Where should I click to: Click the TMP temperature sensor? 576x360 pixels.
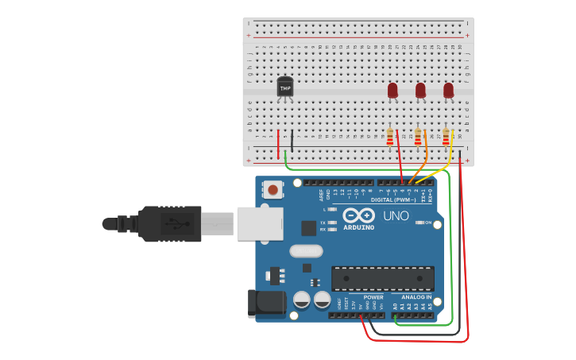284,87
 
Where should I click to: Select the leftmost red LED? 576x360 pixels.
392,91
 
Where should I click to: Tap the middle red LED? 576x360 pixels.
420,91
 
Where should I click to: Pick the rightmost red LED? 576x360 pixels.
448,91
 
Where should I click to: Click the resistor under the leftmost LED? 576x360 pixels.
390,137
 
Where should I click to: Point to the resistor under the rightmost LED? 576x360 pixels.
446,137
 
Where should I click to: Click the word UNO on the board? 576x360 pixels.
396,216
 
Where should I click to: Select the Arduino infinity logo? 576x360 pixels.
358,215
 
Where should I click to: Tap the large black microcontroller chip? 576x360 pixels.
383,279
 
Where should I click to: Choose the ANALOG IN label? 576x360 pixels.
416,297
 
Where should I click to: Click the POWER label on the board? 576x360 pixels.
373,297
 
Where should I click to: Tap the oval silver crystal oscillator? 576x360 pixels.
306,251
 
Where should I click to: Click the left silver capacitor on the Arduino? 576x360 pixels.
302,300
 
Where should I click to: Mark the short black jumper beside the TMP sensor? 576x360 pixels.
292,141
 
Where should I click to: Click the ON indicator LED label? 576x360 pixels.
426,223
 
